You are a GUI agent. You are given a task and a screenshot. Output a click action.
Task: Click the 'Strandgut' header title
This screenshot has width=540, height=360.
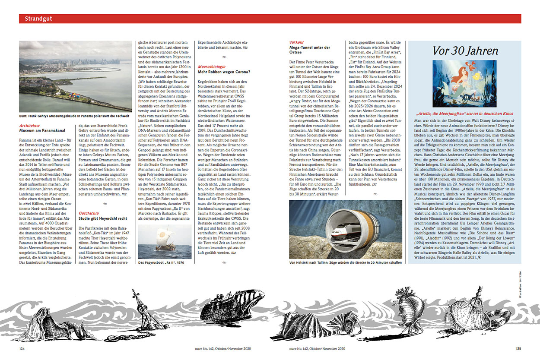39,19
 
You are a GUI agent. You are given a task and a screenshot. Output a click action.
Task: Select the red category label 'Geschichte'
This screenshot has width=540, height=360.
89,213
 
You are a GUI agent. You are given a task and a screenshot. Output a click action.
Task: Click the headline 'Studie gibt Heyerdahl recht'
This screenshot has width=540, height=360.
103,218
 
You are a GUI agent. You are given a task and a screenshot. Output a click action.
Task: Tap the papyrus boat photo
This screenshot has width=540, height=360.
164,241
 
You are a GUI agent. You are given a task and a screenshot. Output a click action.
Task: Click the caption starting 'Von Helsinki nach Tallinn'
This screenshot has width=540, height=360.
345,262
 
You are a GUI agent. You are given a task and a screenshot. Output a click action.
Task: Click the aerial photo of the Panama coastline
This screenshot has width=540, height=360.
75,76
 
